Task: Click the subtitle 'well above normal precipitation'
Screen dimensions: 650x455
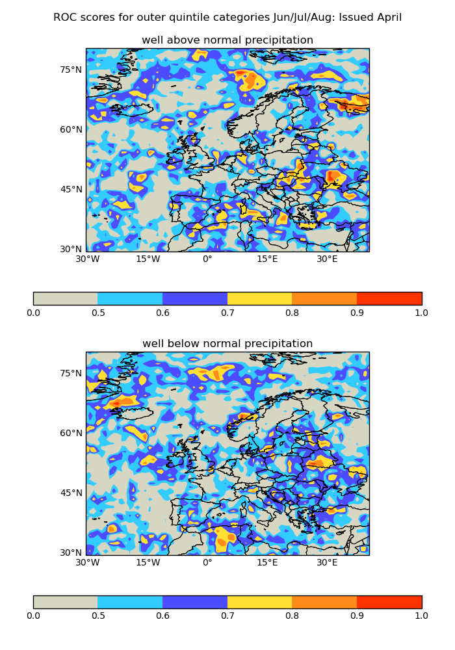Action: coord(227,40)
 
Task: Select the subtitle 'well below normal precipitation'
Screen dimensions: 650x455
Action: coord(227,344)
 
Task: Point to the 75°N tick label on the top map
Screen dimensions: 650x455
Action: coord(71,70)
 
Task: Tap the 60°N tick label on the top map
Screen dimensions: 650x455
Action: coord(71,129)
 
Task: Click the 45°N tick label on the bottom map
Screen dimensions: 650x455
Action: coord(71,493)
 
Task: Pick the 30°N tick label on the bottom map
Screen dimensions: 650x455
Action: coord(71,552)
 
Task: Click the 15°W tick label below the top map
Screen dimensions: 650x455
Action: coord(148,259)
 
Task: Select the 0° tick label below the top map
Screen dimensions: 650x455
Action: coord(207,259)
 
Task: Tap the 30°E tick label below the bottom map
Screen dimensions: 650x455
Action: coord(327,563)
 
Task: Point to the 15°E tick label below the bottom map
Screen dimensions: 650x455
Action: coord(267,563)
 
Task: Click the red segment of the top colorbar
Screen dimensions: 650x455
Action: coord(389,298)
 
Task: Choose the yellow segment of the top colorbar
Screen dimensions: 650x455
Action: coord(259,298)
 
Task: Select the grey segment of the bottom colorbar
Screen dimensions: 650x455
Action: coord(65,602)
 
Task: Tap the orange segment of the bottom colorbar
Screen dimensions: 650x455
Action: coord(324,602)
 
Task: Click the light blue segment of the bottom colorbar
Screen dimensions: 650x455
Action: coord(130,602)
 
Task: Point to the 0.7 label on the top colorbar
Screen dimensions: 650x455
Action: coord(227,313)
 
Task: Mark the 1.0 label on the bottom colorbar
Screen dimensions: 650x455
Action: coord(421,616)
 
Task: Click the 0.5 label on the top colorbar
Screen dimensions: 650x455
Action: coord(97,313)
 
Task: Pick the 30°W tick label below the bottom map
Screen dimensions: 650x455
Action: coord(88,563)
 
